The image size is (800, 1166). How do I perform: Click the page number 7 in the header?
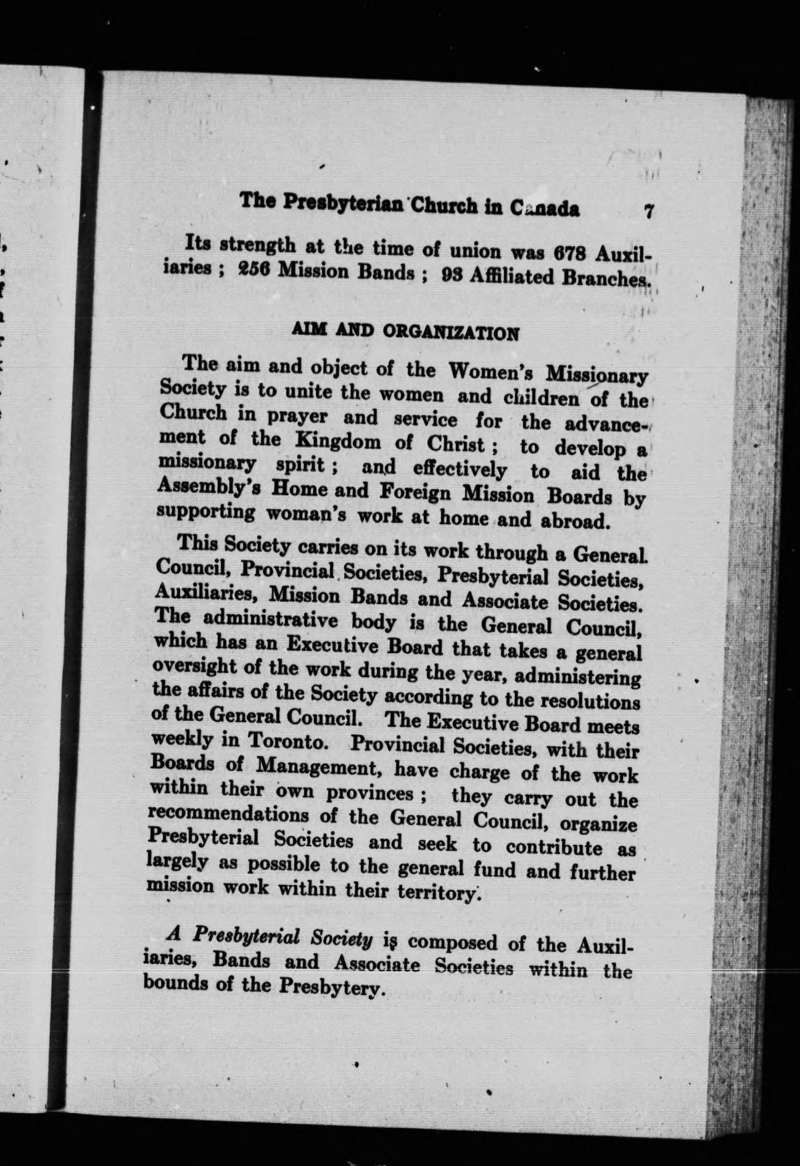point(648,211)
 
